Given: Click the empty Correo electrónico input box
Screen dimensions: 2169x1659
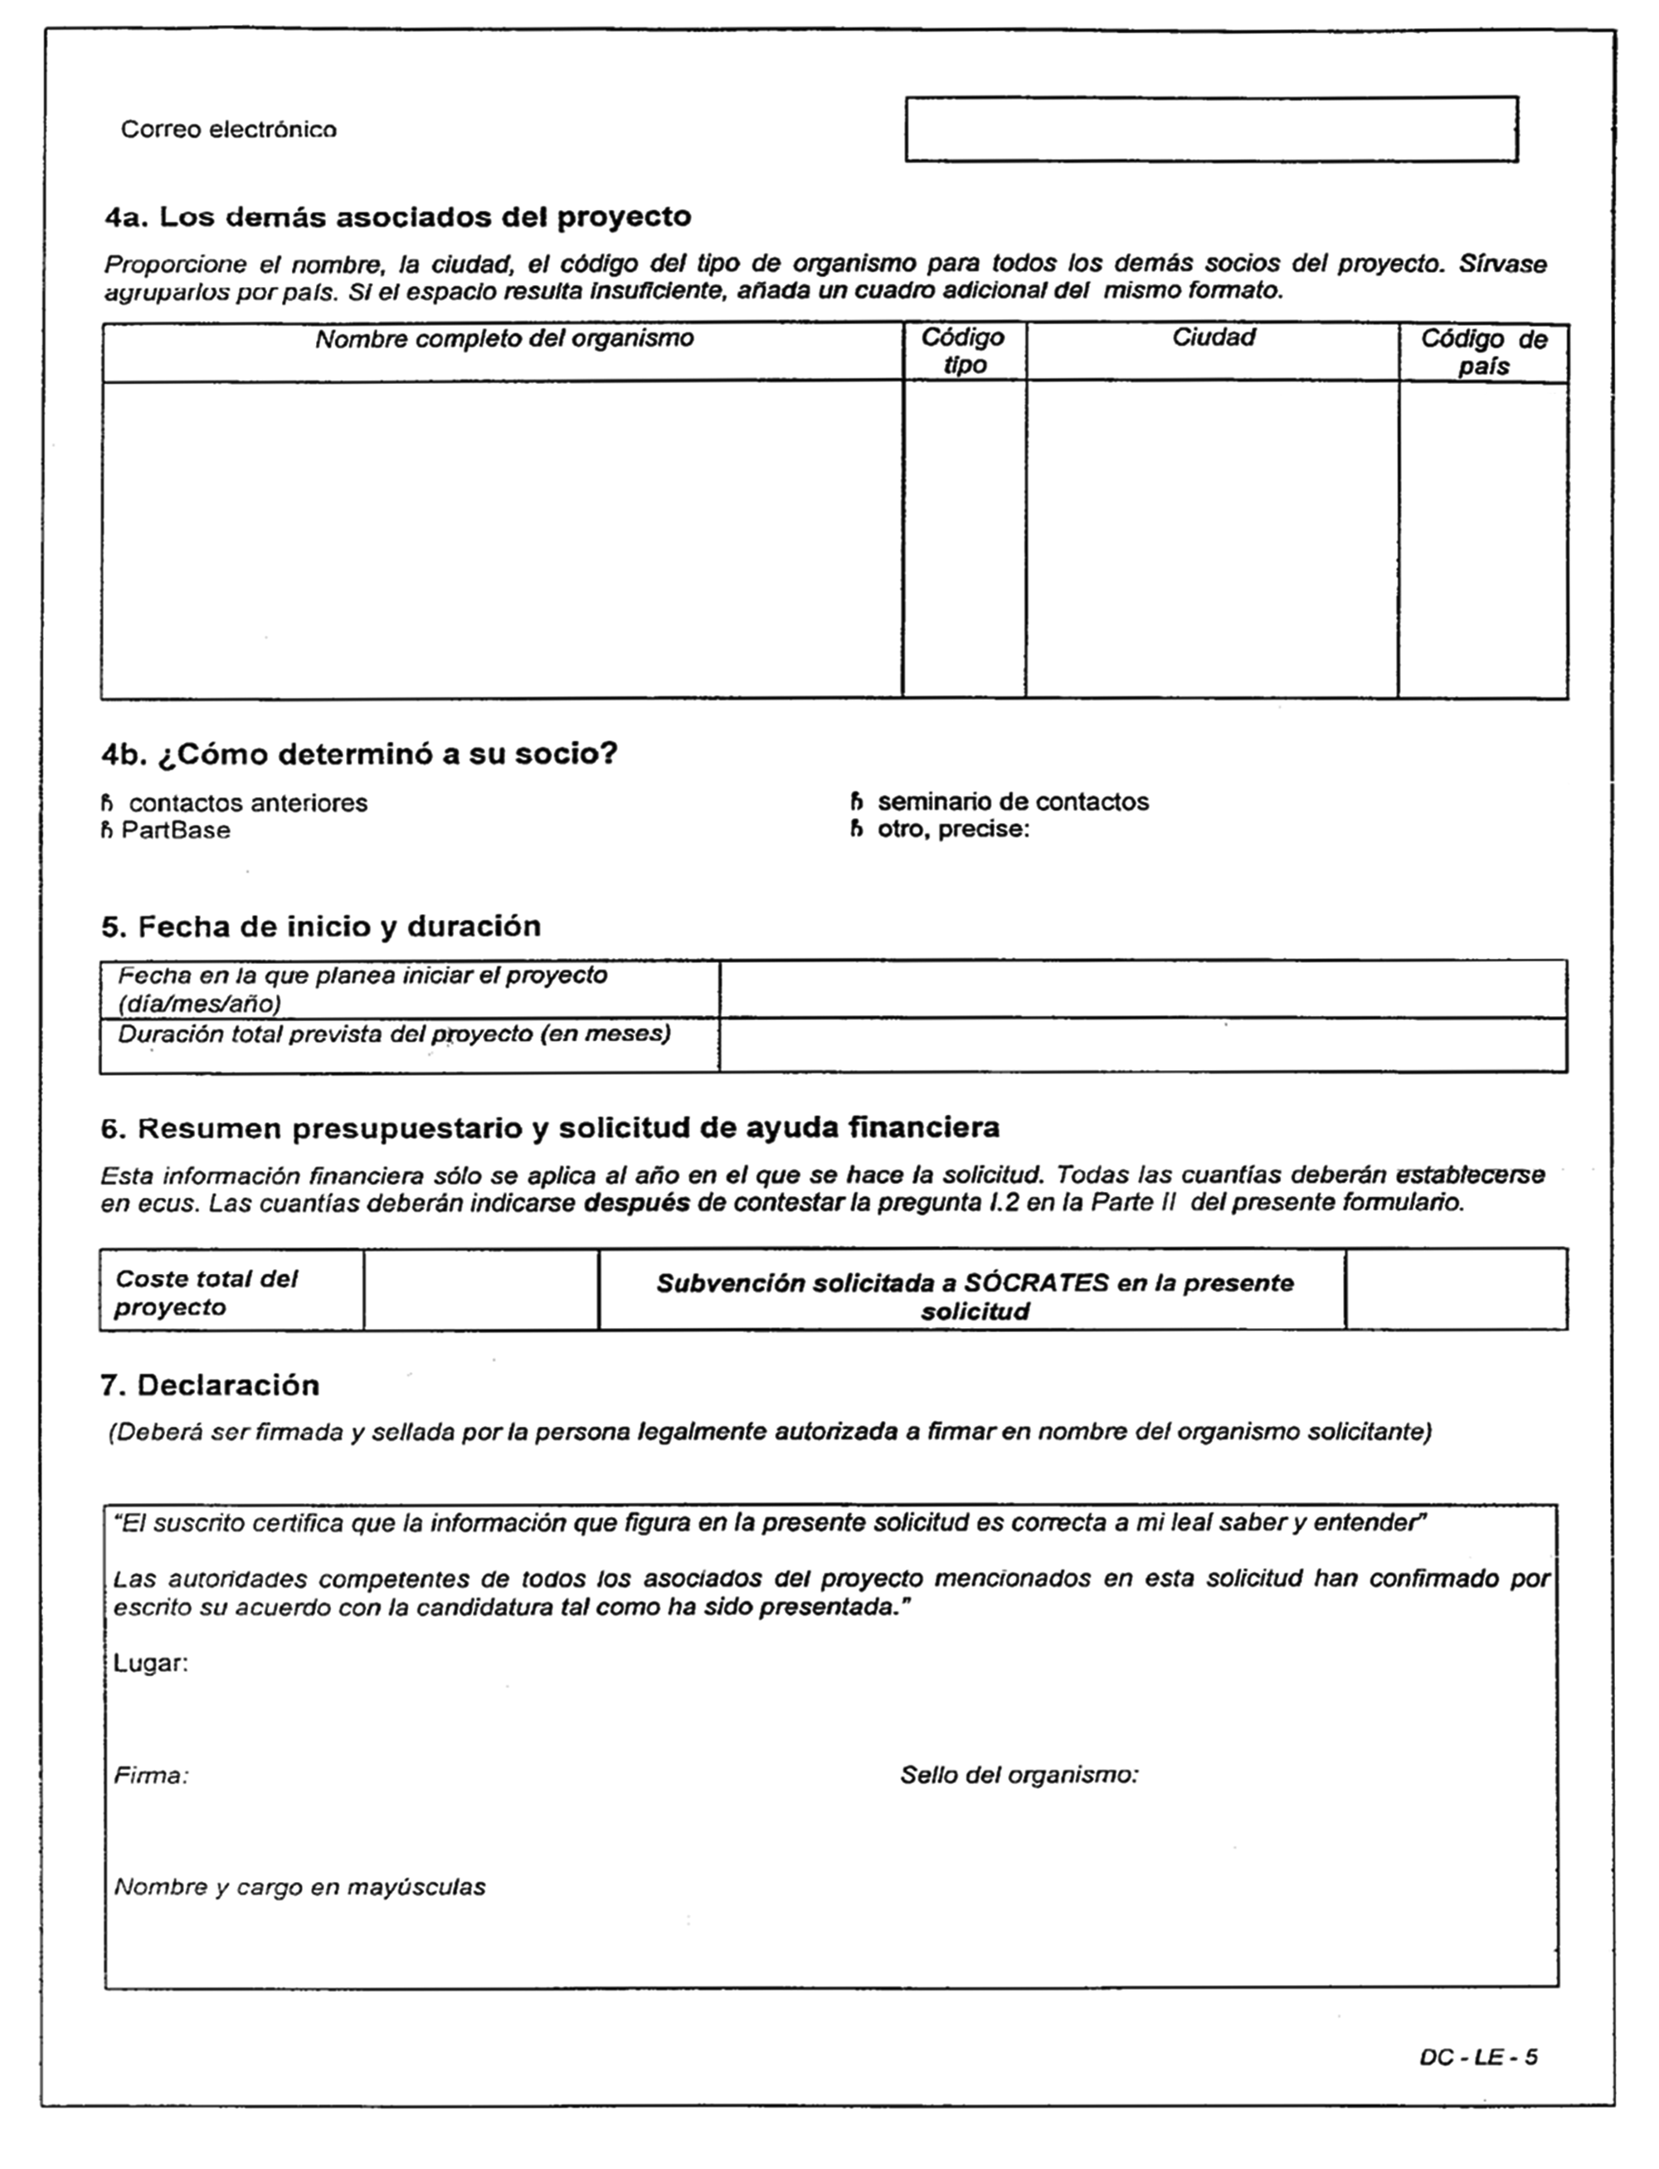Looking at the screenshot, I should pyautogui.click(x=1211, y=129).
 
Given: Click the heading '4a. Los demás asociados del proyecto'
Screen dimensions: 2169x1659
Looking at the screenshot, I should pyautogui.click(x=398, y=217).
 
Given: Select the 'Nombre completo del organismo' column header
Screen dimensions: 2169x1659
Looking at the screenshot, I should pyautogui.click(x=504, y=339).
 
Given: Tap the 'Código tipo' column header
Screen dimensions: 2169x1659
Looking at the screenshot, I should pyautogui.click(x=963, y=352).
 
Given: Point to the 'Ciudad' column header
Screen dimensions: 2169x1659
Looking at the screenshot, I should pyautogui.click(x=1213, y=338).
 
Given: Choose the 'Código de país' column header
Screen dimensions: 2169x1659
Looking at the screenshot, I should pyautogui.click(x=1482, y=353).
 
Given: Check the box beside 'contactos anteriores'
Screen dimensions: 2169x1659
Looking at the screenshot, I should pyautogui.click(x=107, y=804).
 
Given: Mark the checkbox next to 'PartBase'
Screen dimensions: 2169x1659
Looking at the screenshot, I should pyautogui.click(x=107, y=831).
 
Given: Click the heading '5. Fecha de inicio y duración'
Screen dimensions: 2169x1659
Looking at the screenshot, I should pyautogui.click(x=321, y=927).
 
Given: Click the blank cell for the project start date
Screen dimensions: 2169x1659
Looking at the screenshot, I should pyautogui.click(x=1142, y=990).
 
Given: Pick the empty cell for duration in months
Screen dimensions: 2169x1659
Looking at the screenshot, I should pyautogui.click(x=1142, y=1045).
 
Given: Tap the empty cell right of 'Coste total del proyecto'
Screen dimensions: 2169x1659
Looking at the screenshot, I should pyautogui.click(x=481, y=1289).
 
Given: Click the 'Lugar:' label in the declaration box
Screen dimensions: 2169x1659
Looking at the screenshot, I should pyautogui.click(x=150, y=1664).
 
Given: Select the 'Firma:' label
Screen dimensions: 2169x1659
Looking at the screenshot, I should pyautogui.click(x=151, y=1776).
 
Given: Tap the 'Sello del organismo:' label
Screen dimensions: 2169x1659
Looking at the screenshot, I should pyautogui.click(x=1019, y=1775).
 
